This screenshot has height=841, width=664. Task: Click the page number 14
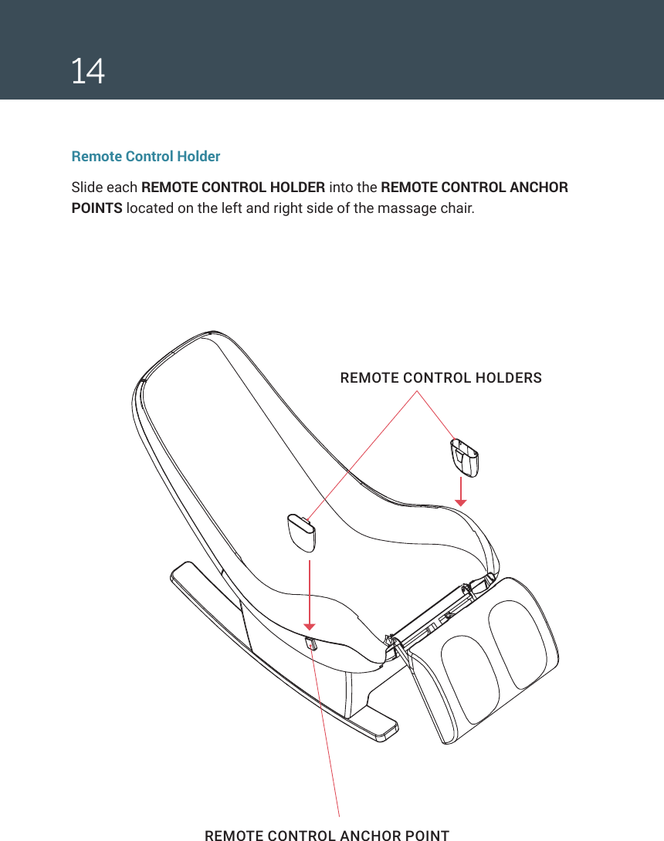coord(88,72)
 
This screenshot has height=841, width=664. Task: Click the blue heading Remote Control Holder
coord(146,157)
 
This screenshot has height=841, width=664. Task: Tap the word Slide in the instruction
coord(86,187)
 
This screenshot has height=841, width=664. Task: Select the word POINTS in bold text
coord(97,209)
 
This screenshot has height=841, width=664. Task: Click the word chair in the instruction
coord(456,209)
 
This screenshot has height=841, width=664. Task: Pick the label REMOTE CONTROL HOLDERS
coord(441,378)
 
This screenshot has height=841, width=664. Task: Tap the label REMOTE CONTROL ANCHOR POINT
coord(327,835)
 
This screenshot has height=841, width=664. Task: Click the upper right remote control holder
coord(463,456)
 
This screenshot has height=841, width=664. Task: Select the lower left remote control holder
coord(300,533)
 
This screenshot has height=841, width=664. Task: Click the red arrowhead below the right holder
coord(461,502)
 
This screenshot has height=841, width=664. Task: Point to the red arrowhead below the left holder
coord(310,627)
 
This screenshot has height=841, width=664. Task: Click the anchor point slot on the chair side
coord(311,643)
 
